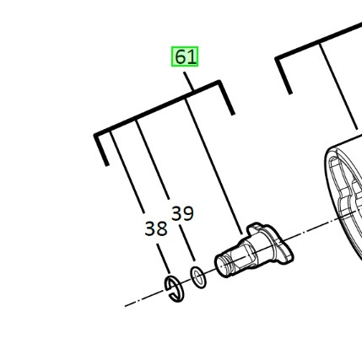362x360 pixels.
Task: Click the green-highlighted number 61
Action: (185, 56)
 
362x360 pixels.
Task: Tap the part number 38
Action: (156, 228)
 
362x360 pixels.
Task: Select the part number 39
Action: (182, 213)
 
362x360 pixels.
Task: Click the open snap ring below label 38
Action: (174, 289)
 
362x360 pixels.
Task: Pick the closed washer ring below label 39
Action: (198, 277)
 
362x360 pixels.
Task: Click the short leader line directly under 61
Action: (188, 81)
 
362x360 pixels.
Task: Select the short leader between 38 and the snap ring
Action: (164, 259)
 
